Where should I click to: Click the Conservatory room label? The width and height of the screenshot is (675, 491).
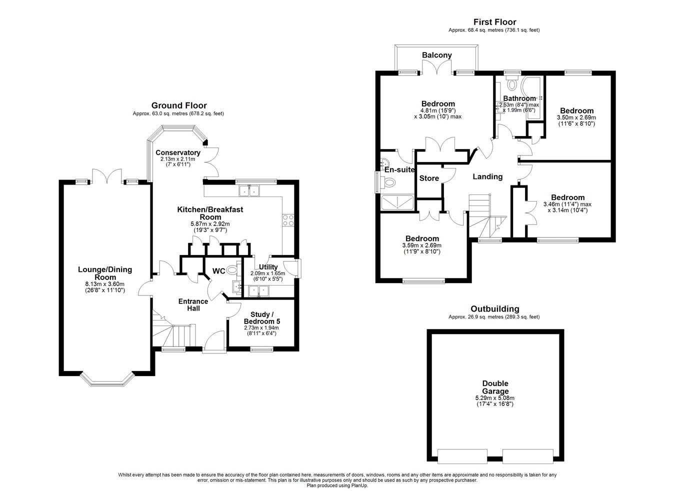click(178, 152)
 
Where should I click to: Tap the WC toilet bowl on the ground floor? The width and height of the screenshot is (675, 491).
click(233, 269)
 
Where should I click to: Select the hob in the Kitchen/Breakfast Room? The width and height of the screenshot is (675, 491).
click(288, 220)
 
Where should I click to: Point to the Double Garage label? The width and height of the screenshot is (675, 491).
click(495, 387)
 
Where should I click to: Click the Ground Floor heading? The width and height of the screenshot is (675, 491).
click(179, 105)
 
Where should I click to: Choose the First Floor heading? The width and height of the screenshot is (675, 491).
click(495, 22)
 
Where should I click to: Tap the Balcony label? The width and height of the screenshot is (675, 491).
click(436, 55)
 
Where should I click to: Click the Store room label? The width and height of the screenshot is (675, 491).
click(429, 178)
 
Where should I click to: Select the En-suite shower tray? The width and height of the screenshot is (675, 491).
click(397, 202)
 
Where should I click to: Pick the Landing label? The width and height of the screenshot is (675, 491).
click(487, 176)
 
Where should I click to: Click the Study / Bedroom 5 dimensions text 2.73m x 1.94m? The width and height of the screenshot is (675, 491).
click(261, 327)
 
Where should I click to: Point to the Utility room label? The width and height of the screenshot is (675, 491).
click(268, 267)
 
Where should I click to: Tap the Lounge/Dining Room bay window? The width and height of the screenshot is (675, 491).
click(107, 381)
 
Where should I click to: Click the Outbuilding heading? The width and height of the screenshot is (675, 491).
click(495, 309)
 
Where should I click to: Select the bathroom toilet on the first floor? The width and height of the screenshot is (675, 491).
click(511, 83)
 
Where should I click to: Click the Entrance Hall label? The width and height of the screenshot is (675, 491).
click(193, 304)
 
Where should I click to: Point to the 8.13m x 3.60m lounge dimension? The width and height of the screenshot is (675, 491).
click(105, 284)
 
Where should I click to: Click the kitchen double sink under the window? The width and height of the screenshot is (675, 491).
click(249, 191)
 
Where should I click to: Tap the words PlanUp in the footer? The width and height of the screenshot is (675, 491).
click(360, 485)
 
